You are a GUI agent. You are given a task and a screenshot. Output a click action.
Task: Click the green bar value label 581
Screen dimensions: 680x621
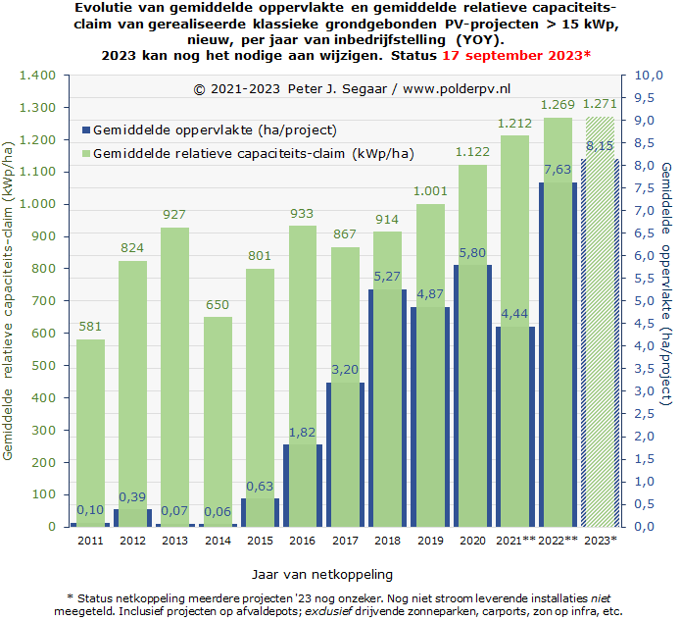pyautogui.click(x=90, y=326)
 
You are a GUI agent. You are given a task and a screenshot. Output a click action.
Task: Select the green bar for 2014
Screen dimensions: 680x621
pyautogui.click(x=218, y=422)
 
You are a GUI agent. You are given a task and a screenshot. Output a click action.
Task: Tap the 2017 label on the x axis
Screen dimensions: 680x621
pyautogui.click(x=345, y=541)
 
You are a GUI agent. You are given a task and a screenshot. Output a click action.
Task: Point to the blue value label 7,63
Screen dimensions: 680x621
pyautogui.click(x=558, y=170)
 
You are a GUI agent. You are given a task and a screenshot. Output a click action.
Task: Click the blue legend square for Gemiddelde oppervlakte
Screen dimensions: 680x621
pyautogui.click(x=86, y=129)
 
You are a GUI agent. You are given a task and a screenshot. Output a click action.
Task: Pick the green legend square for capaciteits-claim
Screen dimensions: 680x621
pyautogui.click(x=86, y=153)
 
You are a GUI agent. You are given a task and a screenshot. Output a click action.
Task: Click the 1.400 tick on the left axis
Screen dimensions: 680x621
pyautogui.click(x=37, y=76)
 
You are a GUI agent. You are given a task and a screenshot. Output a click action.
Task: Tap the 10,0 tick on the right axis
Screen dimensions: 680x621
pyautogui.click(x=649, y=76)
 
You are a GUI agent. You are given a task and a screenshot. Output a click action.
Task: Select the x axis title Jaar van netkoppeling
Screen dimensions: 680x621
pyautogui.click(x=322, y=575)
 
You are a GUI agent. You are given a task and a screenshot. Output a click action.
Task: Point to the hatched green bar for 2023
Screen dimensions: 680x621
pyautogui.click(x=601, y=322)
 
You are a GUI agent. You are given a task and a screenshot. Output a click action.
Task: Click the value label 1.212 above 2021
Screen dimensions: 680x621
pyautogui.click(x=514, y=124)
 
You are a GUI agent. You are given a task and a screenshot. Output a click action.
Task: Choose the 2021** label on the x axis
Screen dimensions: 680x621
pyautogui.click(x=515, y=541)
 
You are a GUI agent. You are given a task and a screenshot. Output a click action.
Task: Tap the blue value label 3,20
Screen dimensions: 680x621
pyautogui.click(x=345, y=370)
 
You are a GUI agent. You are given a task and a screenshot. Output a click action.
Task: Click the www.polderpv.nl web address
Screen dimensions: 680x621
pyautogui.click(x=457, y=89)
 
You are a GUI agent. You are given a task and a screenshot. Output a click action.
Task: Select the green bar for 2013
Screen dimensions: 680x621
pyautogui.click(x=174, y=378)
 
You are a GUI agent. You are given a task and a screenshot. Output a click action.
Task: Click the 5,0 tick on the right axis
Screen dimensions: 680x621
pyautogui.click(x=645, y=301)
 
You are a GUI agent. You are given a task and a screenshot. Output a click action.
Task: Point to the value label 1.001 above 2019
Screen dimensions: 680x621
pyautogui.click(x=430, y=191)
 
